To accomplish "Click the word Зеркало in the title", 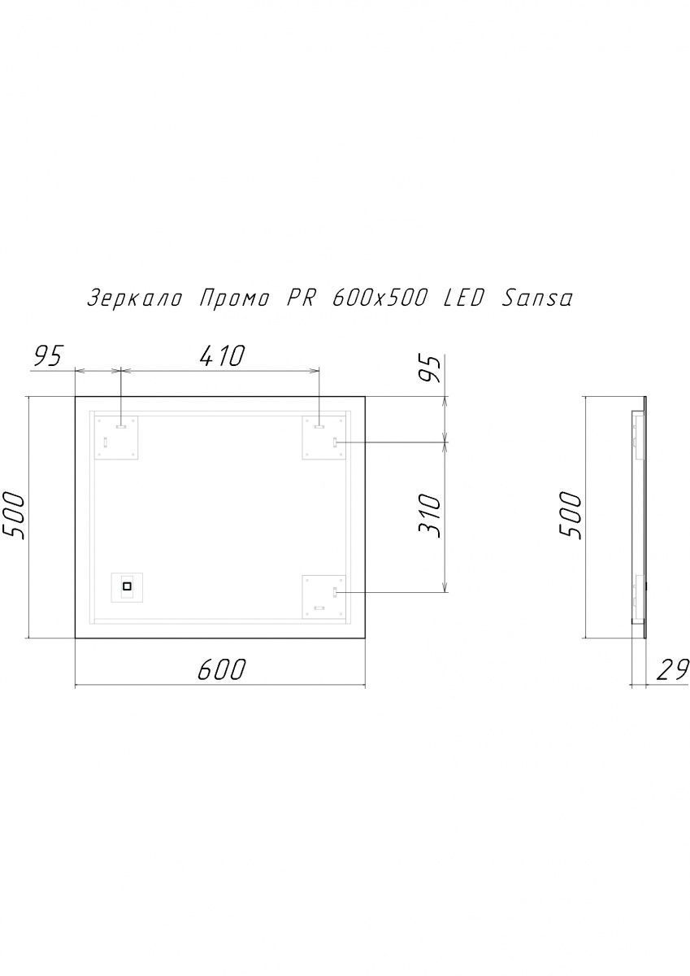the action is [135, 299].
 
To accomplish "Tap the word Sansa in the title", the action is [536, 299].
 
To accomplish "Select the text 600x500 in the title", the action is [378, 299].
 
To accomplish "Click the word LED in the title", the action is [463, 299].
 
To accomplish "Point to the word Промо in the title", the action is [234, 299].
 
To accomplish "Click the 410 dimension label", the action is [223, 355].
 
